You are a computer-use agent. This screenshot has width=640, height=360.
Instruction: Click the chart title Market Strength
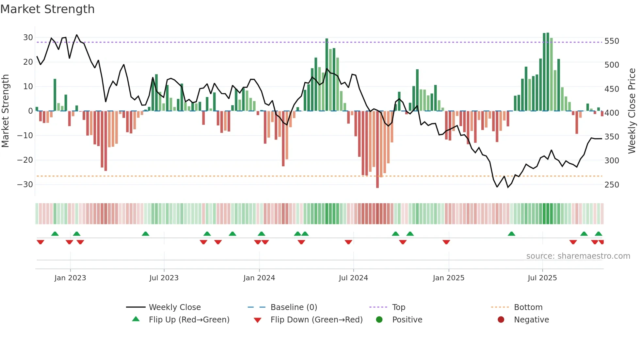[47, 9]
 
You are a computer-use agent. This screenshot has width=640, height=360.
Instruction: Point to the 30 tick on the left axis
[28, 38]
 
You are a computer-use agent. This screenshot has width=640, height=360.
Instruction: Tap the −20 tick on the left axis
[25, 160]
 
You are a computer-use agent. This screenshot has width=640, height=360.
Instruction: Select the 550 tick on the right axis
[612, 41]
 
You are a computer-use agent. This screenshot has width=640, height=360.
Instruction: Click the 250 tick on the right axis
[612, 185]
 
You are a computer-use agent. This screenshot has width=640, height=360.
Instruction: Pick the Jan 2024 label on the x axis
[259, 278]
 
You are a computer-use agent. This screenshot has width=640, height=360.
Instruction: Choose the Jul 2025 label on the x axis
[542, 278]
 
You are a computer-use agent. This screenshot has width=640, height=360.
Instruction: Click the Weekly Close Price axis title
[632, 111]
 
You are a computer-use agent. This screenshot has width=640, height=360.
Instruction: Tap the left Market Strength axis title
[5, 111]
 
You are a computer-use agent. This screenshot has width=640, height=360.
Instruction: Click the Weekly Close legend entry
[175, 307]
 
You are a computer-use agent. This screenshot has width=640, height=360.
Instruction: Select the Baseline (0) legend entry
[294, 307]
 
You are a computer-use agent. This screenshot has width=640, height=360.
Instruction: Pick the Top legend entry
[398, 307]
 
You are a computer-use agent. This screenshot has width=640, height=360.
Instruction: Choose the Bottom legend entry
[528, 307]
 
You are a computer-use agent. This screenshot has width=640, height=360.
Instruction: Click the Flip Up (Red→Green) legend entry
[189, 320]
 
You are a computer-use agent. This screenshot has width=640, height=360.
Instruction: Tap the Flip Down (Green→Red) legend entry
[316, 320]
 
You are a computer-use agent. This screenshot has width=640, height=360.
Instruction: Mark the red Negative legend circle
[501, 319]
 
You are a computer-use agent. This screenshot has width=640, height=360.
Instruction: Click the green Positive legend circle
[379, 319]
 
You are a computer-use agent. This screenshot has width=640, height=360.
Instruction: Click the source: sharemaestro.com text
[578, 256]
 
